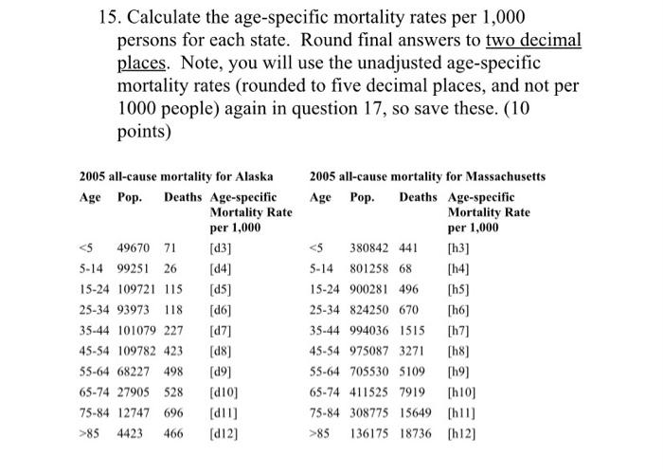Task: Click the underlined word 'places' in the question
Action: point(141,63)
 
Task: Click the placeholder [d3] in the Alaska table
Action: point(222,249)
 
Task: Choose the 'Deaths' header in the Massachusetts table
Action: point(419,197)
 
